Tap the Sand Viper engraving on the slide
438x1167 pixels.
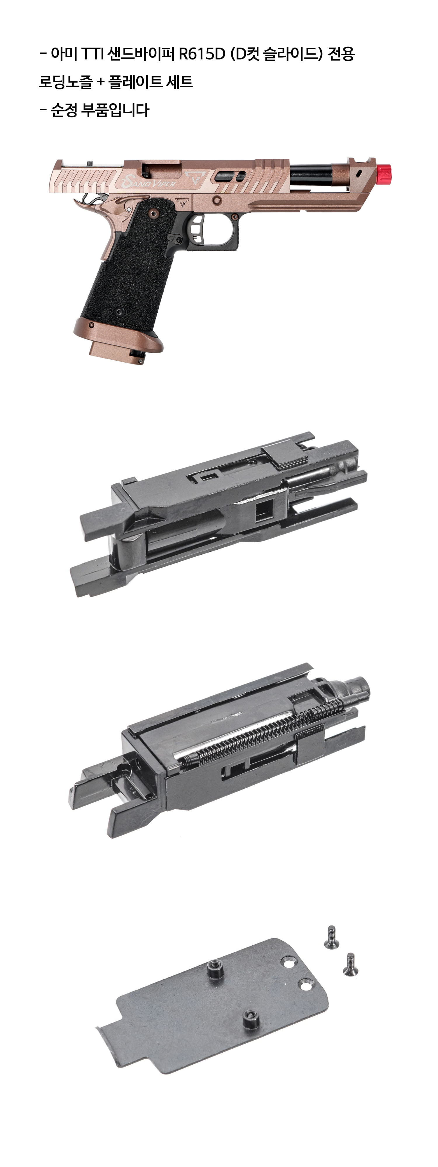147,182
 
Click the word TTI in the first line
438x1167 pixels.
93,54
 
